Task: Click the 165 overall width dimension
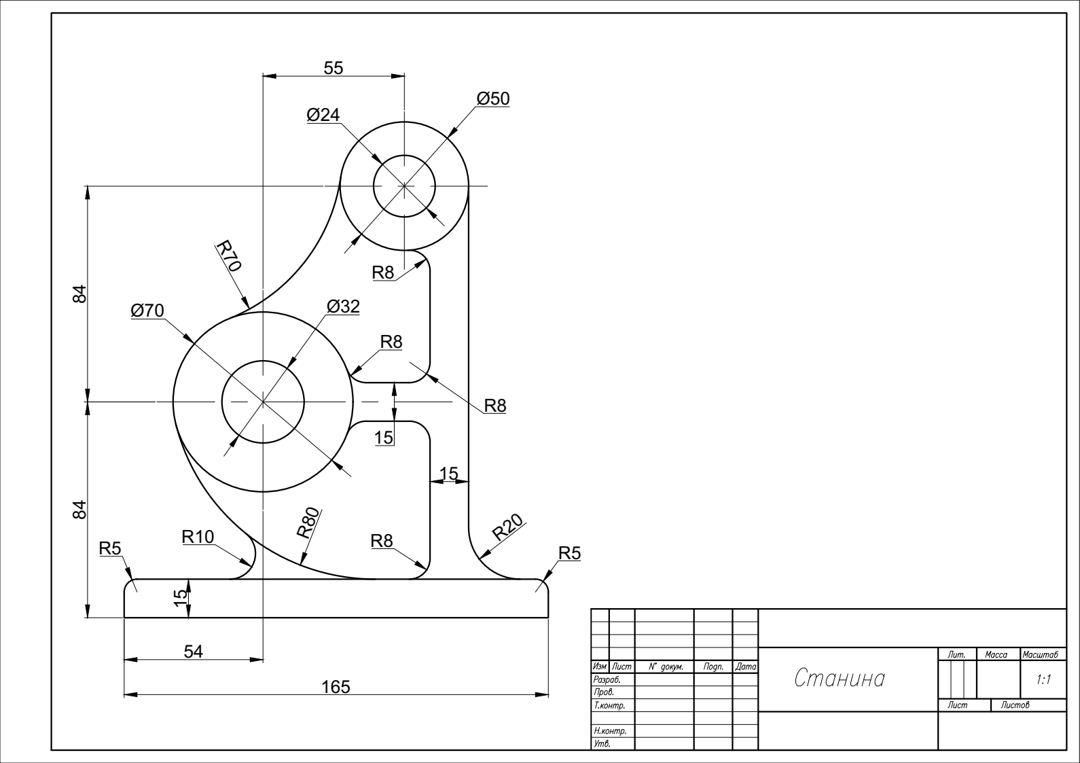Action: [336, 687]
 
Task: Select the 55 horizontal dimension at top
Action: [333, 68]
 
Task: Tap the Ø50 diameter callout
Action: [492, 99]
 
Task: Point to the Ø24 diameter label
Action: [323, 115]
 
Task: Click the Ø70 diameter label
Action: [147, 310]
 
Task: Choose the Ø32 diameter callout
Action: [343, 306]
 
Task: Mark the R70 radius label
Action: [228, 255]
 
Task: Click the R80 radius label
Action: [308, 522]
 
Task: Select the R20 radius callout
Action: [507, 527]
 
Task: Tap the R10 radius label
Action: [198, 536]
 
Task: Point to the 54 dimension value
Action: [194, 652]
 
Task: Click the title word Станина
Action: [840, 678]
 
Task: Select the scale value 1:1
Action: [1043, 680]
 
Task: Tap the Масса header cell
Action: [996, 654]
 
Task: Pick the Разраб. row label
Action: [607, 679]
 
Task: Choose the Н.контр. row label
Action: [610, 730]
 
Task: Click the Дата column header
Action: [745, 667]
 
